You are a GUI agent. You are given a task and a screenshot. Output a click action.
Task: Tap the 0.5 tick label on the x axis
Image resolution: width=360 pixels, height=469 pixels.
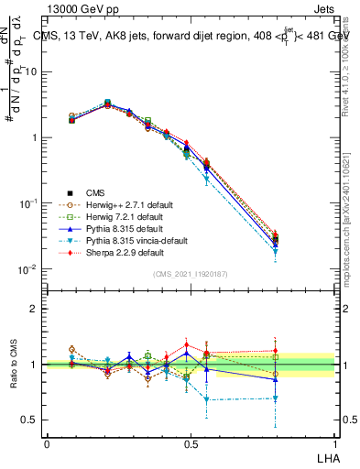coord(191,443)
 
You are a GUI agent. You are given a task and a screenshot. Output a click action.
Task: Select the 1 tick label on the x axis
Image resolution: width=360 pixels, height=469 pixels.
coord(334,443)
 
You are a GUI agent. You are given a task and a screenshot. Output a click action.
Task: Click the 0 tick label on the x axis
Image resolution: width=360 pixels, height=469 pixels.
coord(47,443)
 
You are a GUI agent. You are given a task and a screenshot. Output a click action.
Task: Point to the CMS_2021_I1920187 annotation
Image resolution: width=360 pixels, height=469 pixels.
coord(191,275)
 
